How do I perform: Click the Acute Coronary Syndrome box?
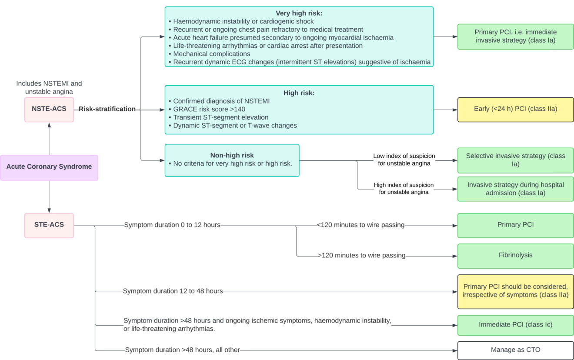[x=49, y=167]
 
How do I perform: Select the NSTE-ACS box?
[x=49, y=109]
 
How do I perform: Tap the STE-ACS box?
[x=49, y=225]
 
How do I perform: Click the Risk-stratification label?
[x=107, y=109]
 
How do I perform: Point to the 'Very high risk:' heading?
[x=299, y=13]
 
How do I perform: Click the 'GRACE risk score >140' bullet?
[x=209, y=109]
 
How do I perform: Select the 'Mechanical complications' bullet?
[x=211, y=54]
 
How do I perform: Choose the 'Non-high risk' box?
[x=232, y=160]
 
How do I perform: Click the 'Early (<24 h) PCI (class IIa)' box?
[x=515, y=109]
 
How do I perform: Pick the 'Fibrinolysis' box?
[x=515, y=255]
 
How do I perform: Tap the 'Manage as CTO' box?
[x=515, y=350]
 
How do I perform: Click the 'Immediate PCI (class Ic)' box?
[x=515, y=324]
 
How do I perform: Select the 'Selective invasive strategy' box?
[x=515, y=160]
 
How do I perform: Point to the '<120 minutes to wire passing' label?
[x=360, y=225]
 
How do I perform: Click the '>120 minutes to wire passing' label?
[x=362, y=256]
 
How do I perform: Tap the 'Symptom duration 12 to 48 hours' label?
[x=173, y=291]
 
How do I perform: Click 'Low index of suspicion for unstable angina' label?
[x=404, y=160]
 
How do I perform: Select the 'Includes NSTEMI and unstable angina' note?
[x=49, y=87]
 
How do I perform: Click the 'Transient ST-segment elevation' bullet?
[x=220, y=117]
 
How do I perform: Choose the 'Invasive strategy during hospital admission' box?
[x=515, y=189]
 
